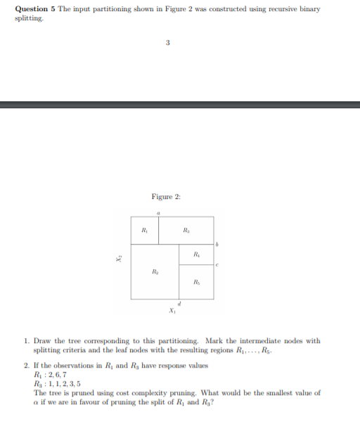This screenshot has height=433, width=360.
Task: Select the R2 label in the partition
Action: (x=155, y=271)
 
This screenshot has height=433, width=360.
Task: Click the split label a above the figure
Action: (x=158, y=211)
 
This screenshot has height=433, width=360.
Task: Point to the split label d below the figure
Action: (x=180, y=304)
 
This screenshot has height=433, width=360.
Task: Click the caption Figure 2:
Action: (x=166, y=196)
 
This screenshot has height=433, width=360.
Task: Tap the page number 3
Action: (x=168, y=44)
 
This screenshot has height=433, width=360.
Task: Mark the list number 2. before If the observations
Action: (x=27, y=367)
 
